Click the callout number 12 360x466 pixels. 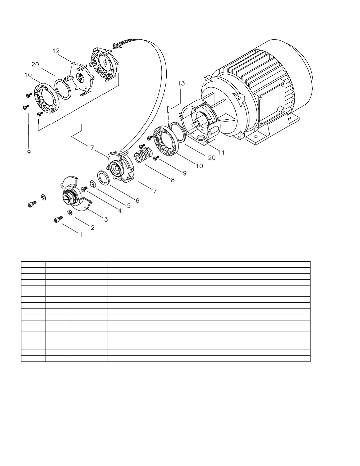click(56, 51)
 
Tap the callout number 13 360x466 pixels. click(181, 83)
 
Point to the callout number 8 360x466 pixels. click(173, 180)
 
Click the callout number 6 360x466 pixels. click(138, 201)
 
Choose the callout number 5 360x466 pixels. click(129, 206)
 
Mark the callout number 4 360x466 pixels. click(120, 211)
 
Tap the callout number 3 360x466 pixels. click(106, 219)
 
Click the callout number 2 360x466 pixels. click(93, 228)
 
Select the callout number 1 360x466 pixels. click(82, 234)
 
